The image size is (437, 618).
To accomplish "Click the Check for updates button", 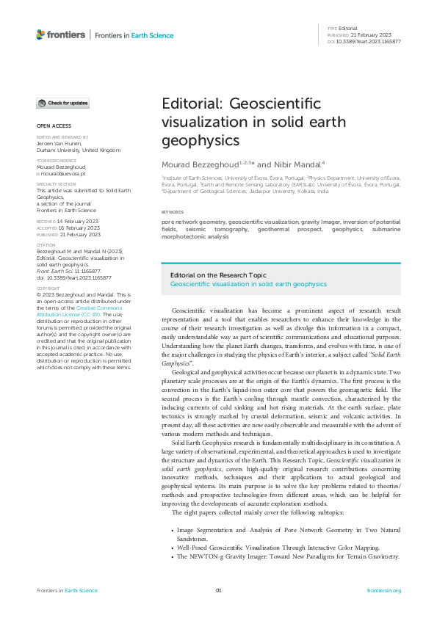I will (63, 103).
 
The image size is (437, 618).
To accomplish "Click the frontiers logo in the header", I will (60, 34).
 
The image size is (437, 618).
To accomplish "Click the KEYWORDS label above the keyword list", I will (173, 211).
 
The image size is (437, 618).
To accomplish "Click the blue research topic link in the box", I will (248, 283).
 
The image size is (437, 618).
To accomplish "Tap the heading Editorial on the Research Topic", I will (219, 274).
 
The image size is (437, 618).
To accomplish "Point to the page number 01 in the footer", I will (218, 590).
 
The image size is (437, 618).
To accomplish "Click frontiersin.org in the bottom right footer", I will (383, 590).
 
